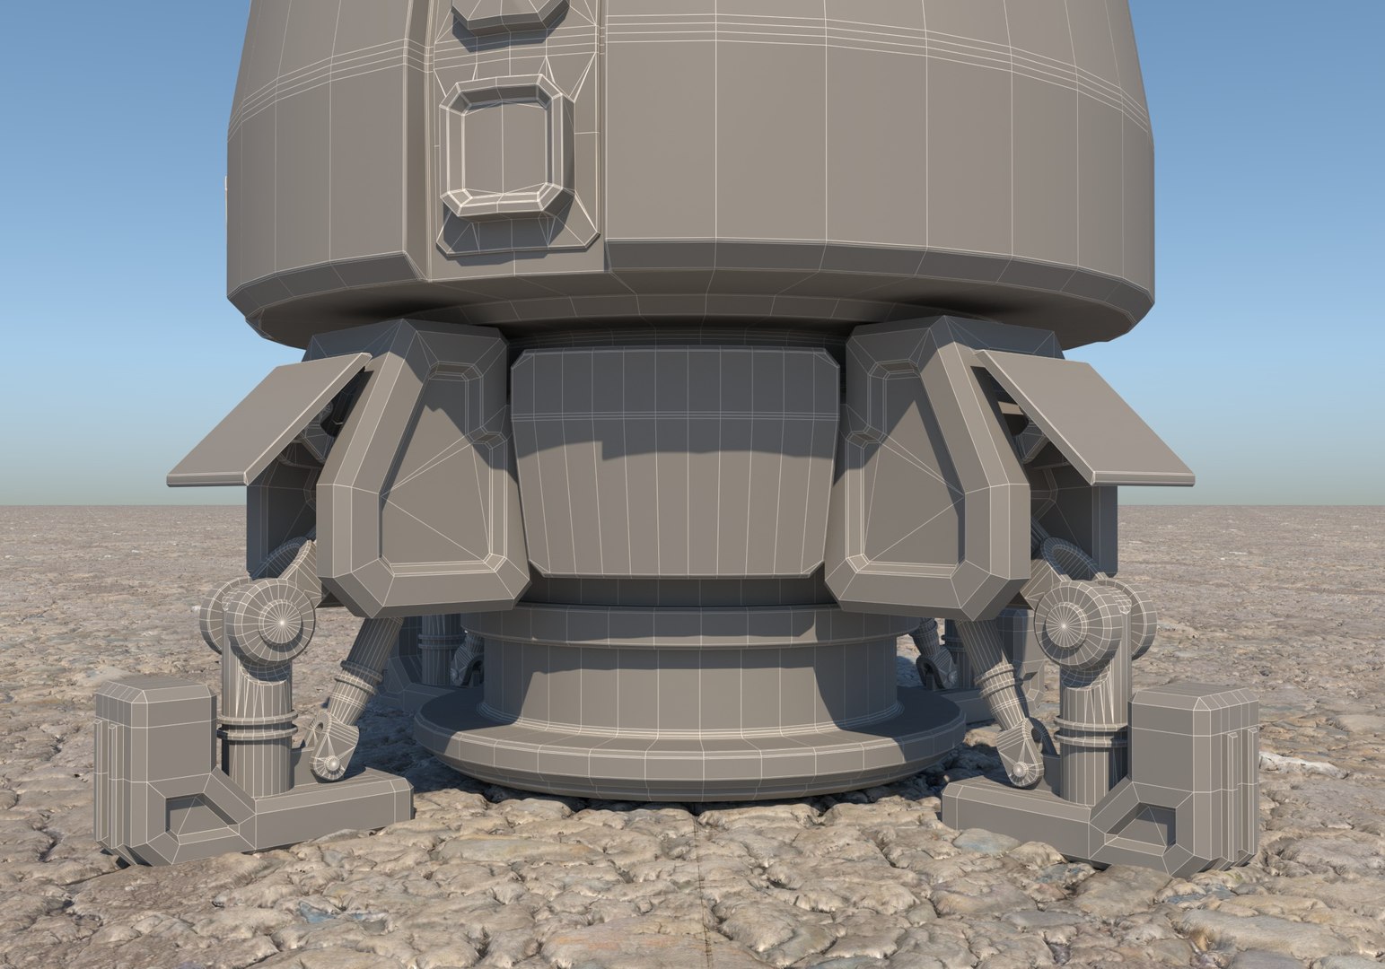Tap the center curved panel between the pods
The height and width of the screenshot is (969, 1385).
tap(678, 467)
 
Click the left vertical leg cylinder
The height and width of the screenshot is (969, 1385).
tap(256, 727)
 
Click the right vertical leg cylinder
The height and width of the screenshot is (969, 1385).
tap(1091, 727)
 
